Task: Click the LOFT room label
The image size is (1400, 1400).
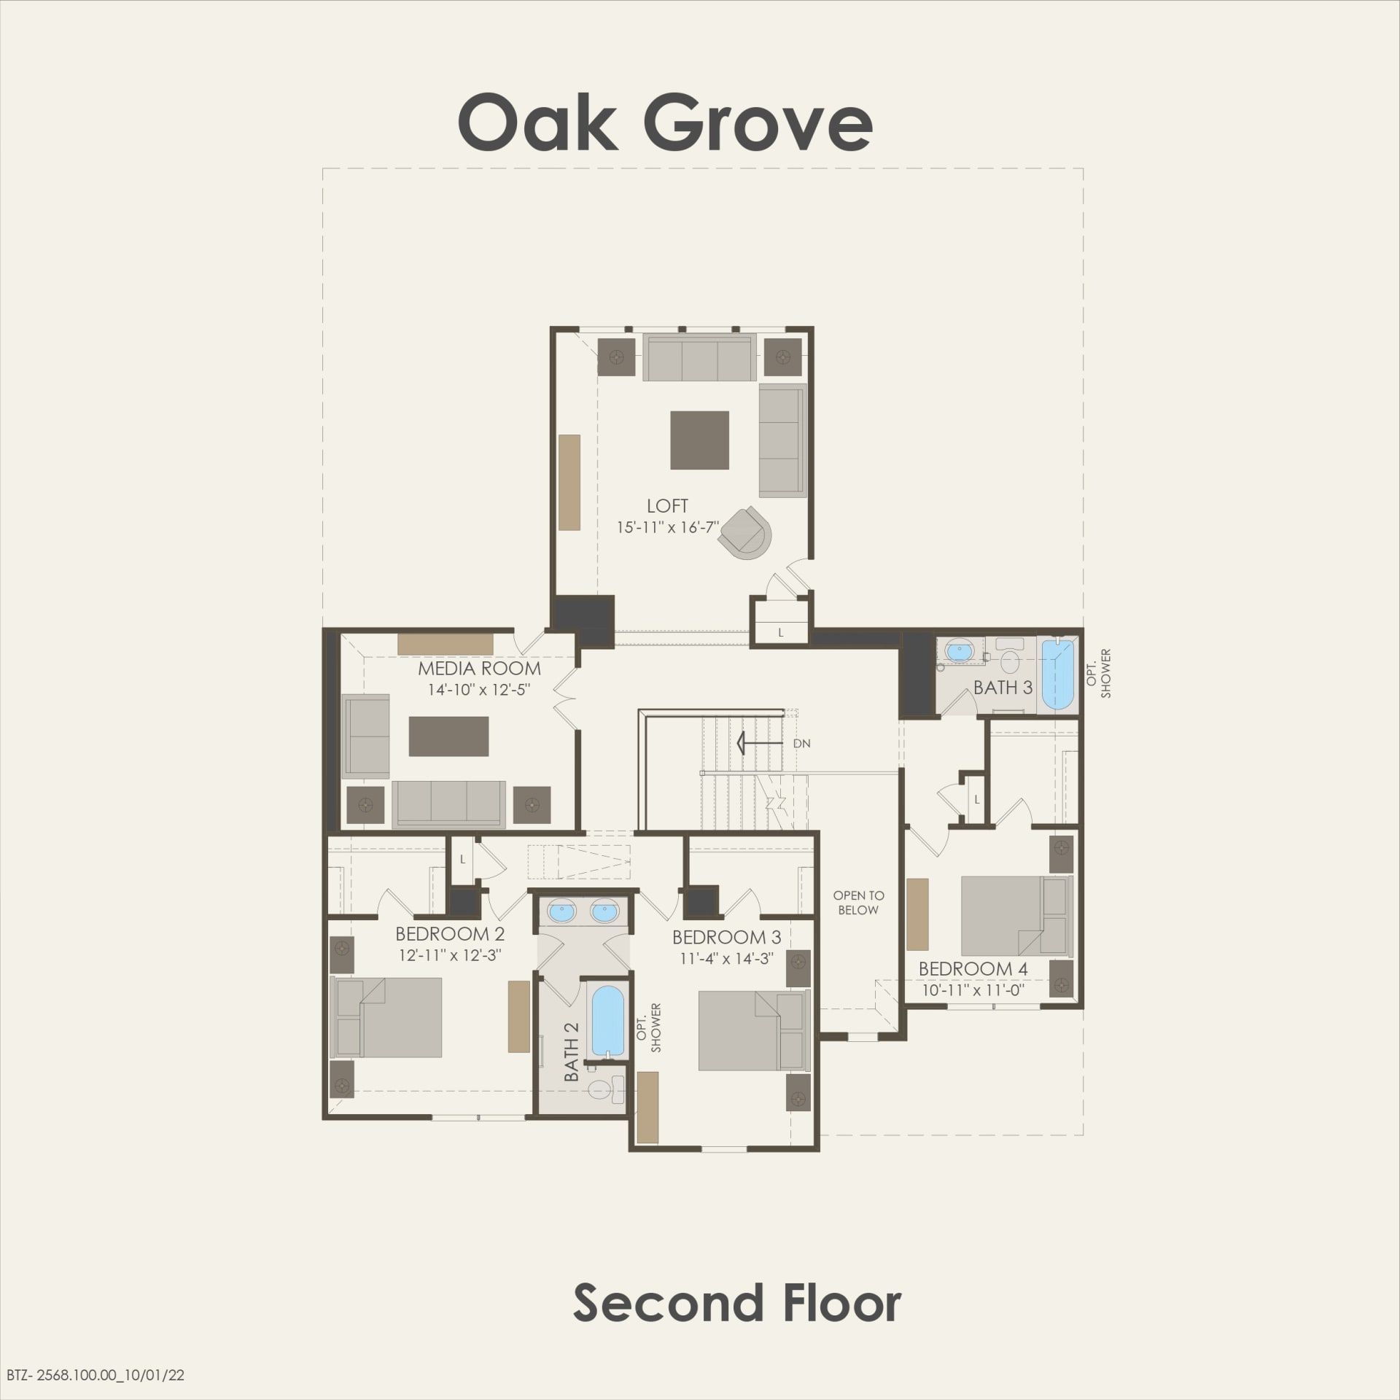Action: coord(667,506)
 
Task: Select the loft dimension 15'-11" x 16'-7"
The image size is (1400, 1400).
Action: coord(668,527)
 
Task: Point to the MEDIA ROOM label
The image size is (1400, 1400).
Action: coord(479,668)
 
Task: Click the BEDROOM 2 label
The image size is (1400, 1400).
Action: coord(450,934)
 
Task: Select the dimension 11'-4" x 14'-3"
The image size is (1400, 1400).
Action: coord(726,958)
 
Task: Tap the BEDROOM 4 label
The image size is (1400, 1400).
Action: coord(973,969)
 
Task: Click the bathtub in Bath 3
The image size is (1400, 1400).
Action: coord(1057,674)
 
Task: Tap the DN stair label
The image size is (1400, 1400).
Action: coord(801,744)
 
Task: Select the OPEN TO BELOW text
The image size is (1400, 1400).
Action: coord(858,902)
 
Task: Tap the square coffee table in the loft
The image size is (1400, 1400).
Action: coord(699,440)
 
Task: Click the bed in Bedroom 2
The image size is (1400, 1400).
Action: coord(386,1017)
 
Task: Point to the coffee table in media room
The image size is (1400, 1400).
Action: coord(448,736)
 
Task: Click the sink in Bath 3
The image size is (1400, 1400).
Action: coord(957,649)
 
